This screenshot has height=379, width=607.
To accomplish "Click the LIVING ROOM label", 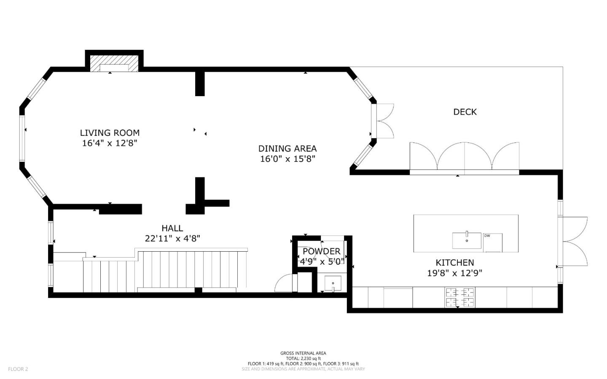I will pyautogui.click(x=110, y=133).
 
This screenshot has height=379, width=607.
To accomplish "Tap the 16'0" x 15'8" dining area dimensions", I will pyautogui.click(x=287, y=159).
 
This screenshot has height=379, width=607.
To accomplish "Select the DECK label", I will pyautogui.click(x=465, y=112).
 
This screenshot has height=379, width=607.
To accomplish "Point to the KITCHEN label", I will pyautogui.click(x=454, y=262).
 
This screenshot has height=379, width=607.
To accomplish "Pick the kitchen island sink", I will pyautogui.click(x=467, y=240).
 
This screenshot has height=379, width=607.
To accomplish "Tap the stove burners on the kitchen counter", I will pyautogui.click(x=459, y=297).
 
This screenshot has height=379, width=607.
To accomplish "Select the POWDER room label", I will pyautogui.click(x=321, y=251).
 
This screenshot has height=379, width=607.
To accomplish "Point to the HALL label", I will pyautogui.click(x=172, y=228).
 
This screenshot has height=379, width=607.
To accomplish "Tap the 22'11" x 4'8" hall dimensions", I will pyautogui.click(x=172, y=239).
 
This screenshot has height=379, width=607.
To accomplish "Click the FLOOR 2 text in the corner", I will pyautogui.click(x=18, y=369).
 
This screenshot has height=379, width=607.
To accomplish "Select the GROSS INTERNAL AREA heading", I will pyautogui.click(x=303, y=353).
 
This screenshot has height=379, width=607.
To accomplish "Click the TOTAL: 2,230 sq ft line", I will pyautogui.click(x=303, y=358).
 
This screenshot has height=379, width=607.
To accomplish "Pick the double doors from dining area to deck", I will pyautogui.click(x=384, y=121).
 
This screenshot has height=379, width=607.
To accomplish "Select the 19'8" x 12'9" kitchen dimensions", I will pyautogui.click(x=454, y=273).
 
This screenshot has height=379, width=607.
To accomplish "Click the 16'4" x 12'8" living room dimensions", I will pyautogui.click(x=110, y=143).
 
